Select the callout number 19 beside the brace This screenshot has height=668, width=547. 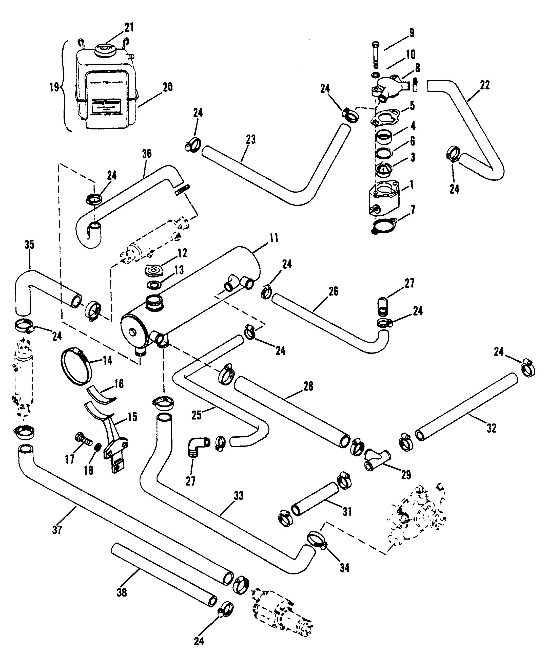(x=54, y=87)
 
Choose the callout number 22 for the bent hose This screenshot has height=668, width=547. (x=485, y=85)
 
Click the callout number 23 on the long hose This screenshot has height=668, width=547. (x=251, y=139)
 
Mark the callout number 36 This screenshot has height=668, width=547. (x=147, y=154)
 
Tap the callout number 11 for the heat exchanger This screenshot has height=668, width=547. (x=274, y=238)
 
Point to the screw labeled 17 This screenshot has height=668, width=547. (x=83, y=438)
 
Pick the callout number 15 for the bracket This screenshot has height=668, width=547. (x=132, y=417)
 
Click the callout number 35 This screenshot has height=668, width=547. (x=29, y=245)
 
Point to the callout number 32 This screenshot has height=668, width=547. (x=492, y=428)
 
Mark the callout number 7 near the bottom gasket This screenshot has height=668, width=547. (x=413, y=210)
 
